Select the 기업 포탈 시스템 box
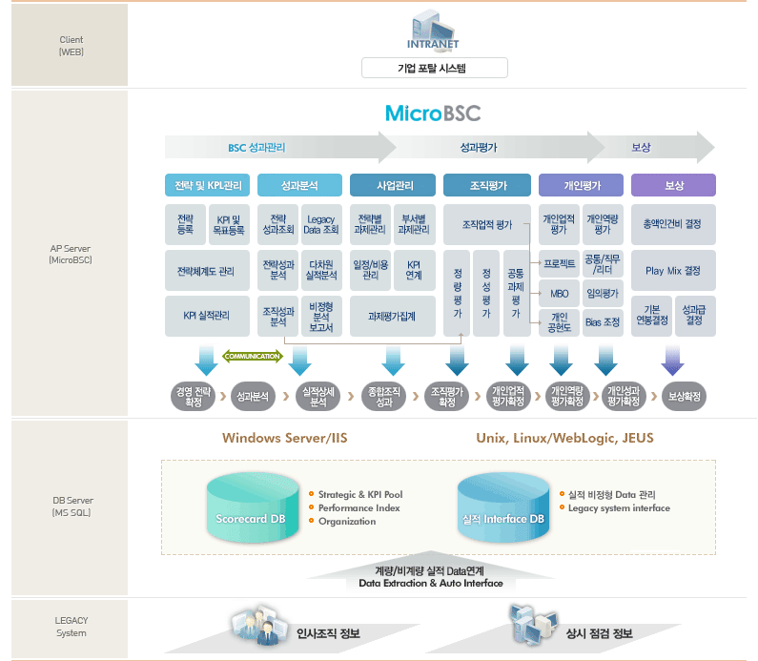click(435, 68)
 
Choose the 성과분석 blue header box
click(299, 185)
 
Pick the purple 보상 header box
click(673, 185)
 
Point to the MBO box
click(560, 294)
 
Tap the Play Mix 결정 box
click(673, 271)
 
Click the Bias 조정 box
click(603, 322)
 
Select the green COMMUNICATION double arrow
click(253, 357)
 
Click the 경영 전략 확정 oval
click(194, 396)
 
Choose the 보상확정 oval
click(684, 396)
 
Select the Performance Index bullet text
click(359, 507)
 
